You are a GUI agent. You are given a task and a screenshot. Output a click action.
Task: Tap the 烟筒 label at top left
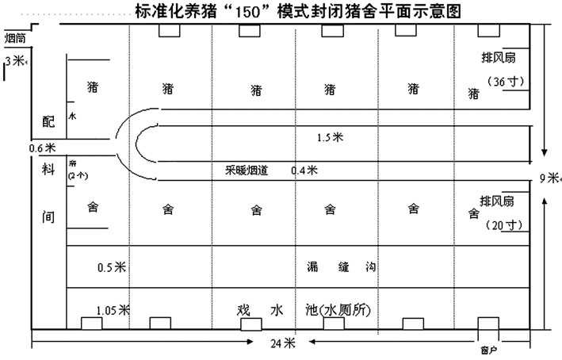[16, 37]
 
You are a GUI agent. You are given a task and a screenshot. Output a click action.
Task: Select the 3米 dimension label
[14, 60]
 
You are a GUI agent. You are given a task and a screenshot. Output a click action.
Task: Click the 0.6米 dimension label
[41, 147]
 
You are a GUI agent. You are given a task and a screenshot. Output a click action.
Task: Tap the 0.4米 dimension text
[304, 170]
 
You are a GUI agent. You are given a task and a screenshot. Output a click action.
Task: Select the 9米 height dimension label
[550, 178]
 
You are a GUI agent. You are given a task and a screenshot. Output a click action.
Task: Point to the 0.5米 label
[109, 268]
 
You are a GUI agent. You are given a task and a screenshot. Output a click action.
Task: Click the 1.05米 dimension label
[112, 310]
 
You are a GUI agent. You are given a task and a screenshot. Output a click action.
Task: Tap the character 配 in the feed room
[48, 120]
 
